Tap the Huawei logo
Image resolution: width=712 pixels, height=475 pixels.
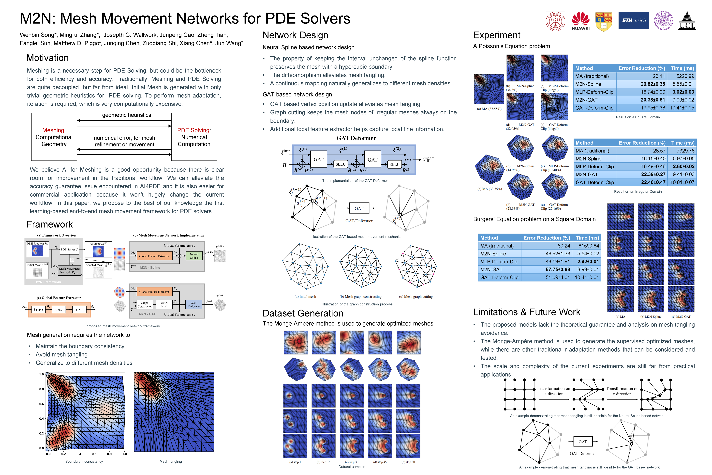pos(580,21)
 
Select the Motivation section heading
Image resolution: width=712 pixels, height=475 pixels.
pos(47,58)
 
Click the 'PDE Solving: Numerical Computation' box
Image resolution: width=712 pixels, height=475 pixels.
pos(194,137)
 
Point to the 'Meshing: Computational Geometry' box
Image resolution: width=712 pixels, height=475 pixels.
pos(54,137)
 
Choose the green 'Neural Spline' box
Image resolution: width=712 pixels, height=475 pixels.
pos(194,256)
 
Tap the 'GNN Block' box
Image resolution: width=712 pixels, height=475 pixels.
pos(164,304)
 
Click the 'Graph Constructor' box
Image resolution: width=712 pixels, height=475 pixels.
pos(145,304)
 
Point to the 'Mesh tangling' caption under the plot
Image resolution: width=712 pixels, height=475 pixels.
pos(171,461)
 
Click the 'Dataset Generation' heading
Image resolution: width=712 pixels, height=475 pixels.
pos(303,313)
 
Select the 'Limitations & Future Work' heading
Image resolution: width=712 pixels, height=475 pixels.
pos(527,312)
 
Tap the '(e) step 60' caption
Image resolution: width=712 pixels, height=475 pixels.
pos(408,462)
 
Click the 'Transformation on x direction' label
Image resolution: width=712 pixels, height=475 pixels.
pos(554,391)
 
